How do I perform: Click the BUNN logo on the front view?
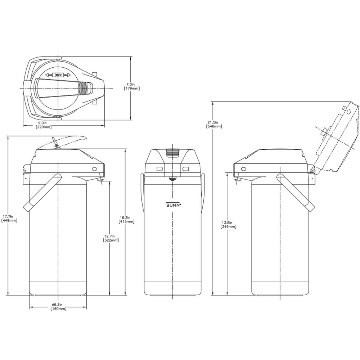pos(173,204)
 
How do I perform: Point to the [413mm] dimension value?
pos(127,222)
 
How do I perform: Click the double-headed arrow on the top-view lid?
pos(58,75)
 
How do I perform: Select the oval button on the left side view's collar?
pos(95,168)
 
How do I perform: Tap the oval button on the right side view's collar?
pos(243,168)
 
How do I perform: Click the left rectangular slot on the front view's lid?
pos(160,169)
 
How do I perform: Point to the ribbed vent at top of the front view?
pos(173,153)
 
